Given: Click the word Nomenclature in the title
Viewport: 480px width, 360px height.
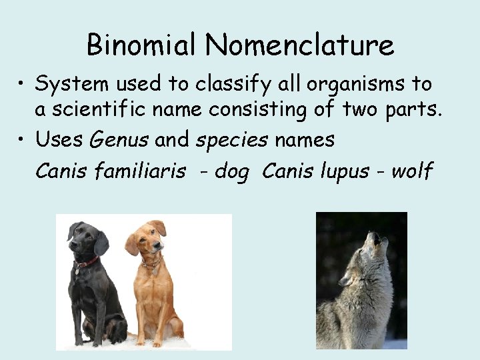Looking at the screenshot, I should click(299, 45).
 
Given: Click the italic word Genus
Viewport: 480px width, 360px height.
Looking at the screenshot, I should click(119, 141).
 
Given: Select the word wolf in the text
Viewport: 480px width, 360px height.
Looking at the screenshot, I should click(412, 171).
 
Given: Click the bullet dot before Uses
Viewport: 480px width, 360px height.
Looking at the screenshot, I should click(24, 140).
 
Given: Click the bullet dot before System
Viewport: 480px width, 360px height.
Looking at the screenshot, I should click(24, 85).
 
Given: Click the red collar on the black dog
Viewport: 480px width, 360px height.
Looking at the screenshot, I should click(86, 263).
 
